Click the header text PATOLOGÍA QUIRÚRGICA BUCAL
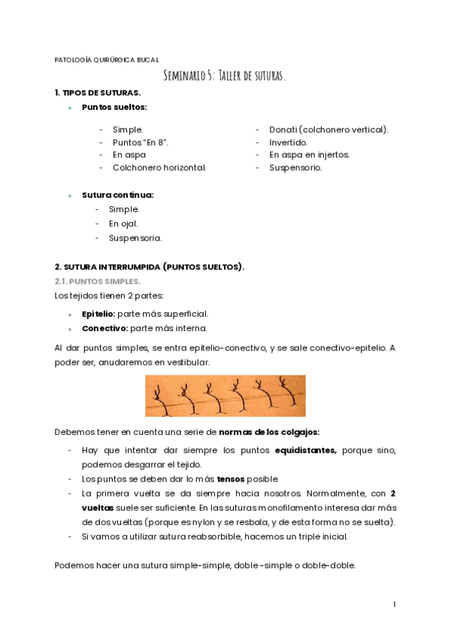click(107, 59)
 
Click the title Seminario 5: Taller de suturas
click(225, 75)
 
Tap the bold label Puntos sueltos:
click(114, 108)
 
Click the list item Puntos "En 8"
click(141, 142)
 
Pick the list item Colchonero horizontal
click(159, 168)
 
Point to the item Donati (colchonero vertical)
click(328, 129)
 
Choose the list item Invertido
click(288, 142)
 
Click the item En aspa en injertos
click(309, 155)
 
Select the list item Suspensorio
click(295, 168)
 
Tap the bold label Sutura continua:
click(118, 195)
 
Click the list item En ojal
click(123, 223)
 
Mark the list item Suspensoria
click(135, 238)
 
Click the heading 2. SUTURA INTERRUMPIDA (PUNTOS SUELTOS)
click(150, 266)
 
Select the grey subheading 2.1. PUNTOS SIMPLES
click(97, 281)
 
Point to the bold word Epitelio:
click(98, 314)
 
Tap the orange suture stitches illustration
click(225, 396)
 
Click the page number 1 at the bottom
click(394, 604)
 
